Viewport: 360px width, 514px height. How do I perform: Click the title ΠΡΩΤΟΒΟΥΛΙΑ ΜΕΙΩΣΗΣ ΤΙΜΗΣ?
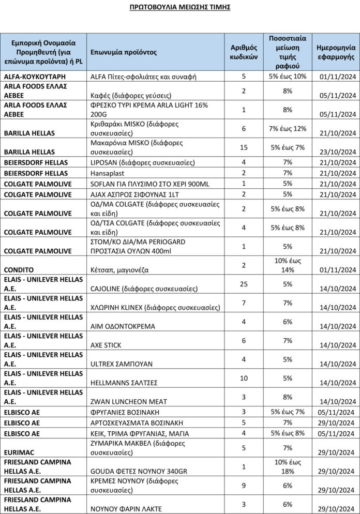point(179,8)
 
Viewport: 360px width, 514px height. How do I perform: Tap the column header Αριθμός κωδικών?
point(244,52)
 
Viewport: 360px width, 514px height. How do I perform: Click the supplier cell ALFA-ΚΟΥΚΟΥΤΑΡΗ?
point(35,77)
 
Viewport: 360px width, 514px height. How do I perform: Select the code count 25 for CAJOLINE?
point(244,284)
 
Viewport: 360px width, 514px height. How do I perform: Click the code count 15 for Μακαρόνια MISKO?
point(244,147)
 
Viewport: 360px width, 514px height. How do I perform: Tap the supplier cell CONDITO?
point(19,269)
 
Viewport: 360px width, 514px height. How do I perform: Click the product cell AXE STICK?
point(107,345)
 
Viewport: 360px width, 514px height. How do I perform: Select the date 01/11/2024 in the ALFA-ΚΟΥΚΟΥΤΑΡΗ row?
point(338,77)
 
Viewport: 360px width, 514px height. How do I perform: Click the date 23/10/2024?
point(338,152)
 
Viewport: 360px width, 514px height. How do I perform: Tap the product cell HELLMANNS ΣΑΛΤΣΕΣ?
point(125,383)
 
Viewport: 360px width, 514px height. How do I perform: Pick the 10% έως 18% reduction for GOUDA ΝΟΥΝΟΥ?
point(288,466)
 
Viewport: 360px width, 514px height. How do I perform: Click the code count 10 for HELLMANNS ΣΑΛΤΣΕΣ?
point(244,378)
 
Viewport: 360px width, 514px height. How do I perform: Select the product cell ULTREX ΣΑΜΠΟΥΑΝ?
point(121,364)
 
